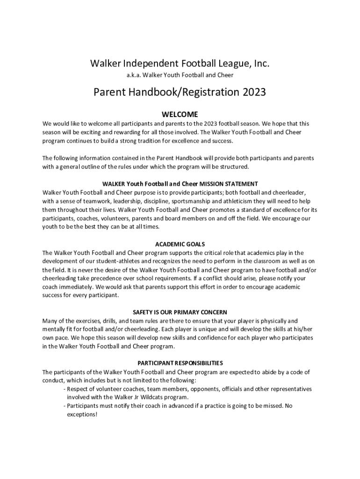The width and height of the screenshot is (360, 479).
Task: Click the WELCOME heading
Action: (180, 115)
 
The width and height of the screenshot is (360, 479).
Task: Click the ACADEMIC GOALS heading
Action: (180, 244)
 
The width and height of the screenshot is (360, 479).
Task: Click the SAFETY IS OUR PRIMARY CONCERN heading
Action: (180, 312)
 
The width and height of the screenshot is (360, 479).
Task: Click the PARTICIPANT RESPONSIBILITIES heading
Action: (180, 363)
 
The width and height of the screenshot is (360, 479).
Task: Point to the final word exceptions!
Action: (82, 414)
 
